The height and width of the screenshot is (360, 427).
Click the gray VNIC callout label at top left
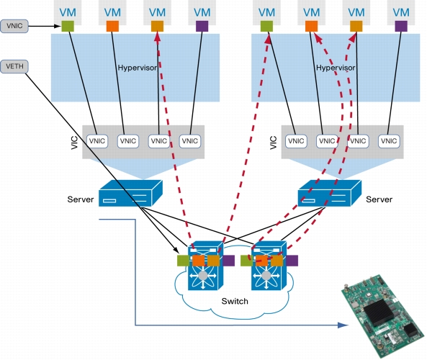(x=14, y=26)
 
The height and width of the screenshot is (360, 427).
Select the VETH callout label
(x=14, y=67)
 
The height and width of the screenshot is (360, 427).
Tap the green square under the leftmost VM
(x=68, y=26)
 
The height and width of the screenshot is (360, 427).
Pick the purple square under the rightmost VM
(x=401, y=26)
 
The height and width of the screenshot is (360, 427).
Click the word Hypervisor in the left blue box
(x=138, y=68)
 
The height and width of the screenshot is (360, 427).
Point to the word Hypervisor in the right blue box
(x=336, y=68)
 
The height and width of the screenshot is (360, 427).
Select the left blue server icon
(x=131, y=193)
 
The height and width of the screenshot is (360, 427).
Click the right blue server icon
(x=330, y=193)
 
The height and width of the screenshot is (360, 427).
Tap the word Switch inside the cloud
(x=235, y=301)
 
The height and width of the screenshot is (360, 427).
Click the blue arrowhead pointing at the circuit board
(x=343, y=325)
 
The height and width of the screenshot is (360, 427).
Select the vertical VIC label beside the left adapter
(x=74, y=143)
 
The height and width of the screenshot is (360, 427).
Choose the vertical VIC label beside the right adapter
(x=274, y=143)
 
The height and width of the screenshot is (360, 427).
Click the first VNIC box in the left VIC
(x=97, y=141)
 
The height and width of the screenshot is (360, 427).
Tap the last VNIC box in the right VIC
(x=389, y=141)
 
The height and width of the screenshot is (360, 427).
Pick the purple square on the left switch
(x=229, y=261)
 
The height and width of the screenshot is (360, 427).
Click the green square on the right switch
(x=246, y=261)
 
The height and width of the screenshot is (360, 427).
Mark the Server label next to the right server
(x=379, y=199)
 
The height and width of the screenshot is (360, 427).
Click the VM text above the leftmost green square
(x=68, y=12)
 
